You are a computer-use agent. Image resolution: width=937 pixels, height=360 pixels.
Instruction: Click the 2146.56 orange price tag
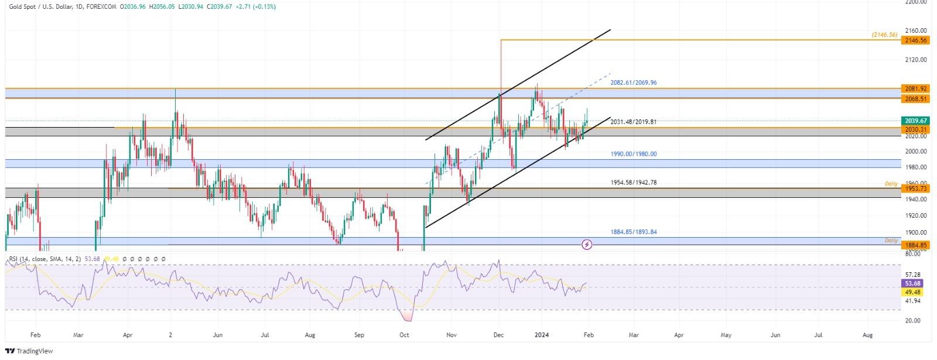click(915, 40)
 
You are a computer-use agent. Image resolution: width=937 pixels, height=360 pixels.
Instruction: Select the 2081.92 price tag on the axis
click(915, 89)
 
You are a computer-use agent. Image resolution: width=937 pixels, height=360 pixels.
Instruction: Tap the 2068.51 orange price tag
click(915, 99)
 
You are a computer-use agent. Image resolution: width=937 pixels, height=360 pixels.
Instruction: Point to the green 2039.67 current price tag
click(915, 121)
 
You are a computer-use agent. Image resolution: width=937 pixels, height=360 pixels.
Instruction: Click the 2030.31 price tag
click(915, 129)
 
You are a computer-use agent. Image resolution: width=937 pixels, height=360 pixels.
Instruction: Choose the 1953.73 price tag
click(915, 188)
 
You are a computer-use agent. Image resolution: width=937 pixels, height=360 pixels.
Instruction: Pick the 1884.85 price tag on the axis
click(915, 245)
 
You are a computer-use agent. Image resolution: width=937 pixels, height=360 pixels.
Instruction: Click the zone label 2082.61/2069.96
click(633, 83)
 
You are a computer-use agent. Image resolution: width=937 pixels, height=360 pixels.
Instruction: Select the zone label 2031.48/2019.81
click(633, 122)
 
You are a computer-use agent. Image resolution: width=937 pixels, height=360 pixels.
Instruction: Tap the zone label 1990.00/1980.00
click(633, 154)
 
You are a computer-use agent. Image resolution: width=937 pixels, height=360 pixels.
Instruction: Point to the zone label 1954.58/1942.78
click(633, 183)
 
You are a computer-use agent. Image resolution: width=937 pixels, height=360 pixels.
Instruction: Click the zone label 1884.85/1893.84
click(633, 232)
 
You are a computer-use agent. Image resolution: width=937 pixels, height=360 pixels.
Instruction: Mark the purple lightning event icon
click(587, 244)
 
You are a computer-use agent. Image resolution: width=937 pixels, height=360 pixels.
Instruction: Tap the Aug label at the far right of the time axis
click(868, 335)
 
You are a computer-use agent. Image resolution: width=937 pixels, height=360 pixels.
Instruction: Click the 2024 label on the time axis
click(545, 335)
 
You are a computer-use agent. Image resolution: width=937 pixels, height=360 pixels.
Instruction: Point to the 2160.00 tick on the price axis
click(915, 30)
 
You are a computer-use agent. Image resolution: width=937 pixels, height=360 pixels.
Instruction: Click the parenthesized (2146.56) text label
click(884, 35)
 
